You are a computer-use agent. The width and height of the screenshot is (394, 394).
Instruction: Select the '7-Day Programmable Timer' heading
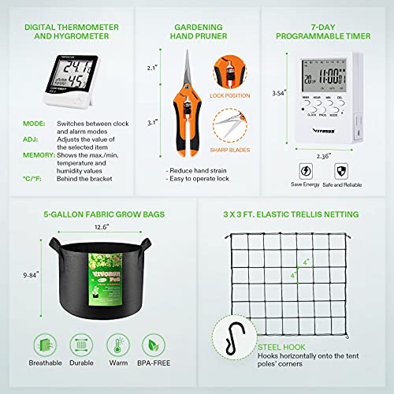click(x=329, y=32)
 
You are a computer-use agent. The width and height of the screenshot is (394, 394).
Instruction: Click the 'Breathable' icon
click(x=44, y=344)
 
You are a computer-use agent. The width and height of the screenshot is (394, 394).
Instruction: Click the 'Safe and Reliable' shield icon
click(x=342, y=171)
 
